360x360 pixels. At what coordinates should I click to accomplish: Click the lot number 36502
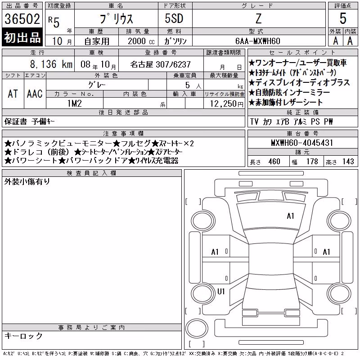tap(22, 19)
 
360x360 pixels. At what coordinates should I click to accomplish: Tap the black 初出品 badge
tap(22, 37)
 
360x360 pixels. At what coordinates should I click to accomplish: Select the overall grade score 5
tap(343, 18)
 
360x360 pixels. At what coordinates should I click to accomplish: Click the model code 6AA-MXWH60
tap(257, 41)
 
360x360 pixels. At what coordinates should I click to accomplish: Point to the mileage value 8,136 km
tap(51, 64)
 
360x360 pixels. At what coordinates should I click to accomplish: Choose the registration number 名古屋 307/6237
tap(160, 64)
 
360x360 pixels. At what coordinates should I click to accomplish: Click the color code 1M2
tap(75, 103)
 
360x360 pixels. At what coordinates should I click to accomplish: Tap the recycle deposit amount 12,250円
tap(227, 104)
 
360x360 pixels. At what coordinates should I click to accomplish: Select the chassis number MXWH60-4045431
tap(302, 143)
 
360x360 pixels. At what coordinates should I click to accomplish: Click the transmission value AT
tap(13, 94)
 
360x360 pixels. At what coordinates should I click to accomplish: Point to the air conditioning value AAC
tap(35, 94)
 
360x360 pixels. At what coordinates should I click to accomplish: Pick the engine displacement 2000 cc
tap(141, 41)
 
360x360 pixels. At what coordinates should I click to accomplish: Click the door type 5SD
tap(174, 18)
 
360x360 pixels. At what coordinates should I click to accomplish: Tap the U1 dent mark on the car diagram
tap(221, 292)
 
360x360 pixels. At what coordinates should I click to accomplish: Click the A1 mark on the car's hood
tap(290, 216)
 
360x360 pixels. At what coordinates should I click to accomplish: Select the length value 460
tap(274, 162)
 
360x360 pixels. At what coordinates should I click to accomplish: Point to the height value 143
tap(348, 162)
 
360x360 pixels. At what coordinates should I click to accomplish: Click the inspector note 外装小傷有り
tap(27, 182)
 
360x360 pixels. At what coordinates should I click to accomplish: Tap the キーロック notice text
tap(23, 336)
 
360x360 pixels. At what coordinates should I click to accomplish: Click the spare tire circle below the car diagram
tap(197, 328)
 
